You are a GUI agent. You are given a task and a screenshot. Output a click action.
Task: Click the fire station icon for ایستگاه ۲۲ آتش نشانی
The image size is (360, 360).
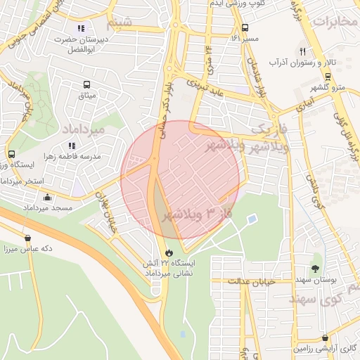pos(169,252)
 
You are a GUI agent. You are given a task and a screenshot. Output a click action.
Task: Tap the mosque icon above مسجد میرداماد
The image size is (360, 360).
pos(47,198)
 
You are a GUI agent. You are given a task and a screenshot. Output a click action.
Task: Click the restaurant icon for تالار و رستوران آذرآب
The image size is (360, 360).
pos(303,51)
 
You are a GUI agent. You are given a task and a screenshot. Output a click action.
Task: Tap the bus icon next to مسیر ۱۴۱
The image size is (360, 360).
pos(245,28)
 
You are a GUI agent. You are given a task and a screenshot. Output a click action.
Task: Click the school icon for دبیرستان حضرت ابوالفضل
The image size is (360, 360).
pos(81,29)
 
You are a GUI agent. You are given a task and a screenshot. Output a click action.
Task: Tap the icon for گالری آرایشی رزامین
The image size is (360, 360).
pos(325,337)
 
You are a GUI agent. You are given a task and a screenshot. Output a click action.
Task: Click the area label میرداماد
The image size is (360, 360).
pos(83,131)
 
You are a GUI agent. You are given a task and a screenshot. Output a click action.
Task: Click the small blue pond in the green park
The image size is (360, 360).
pos(252,219)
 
